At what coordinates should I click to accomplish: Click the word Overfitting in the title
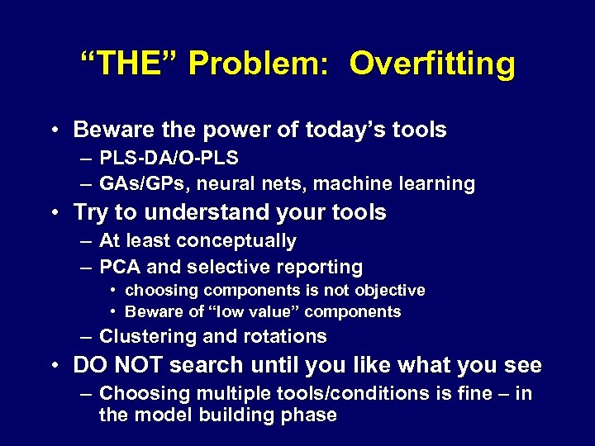click(x=431, y=64)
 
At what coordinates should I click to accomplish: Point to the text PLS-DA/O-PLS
click(x=169, y=157)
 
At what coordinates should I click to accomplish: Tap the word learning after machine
click(x=437, y=183)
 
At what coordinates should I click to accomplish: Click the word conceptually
click(x=242, y=241)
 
